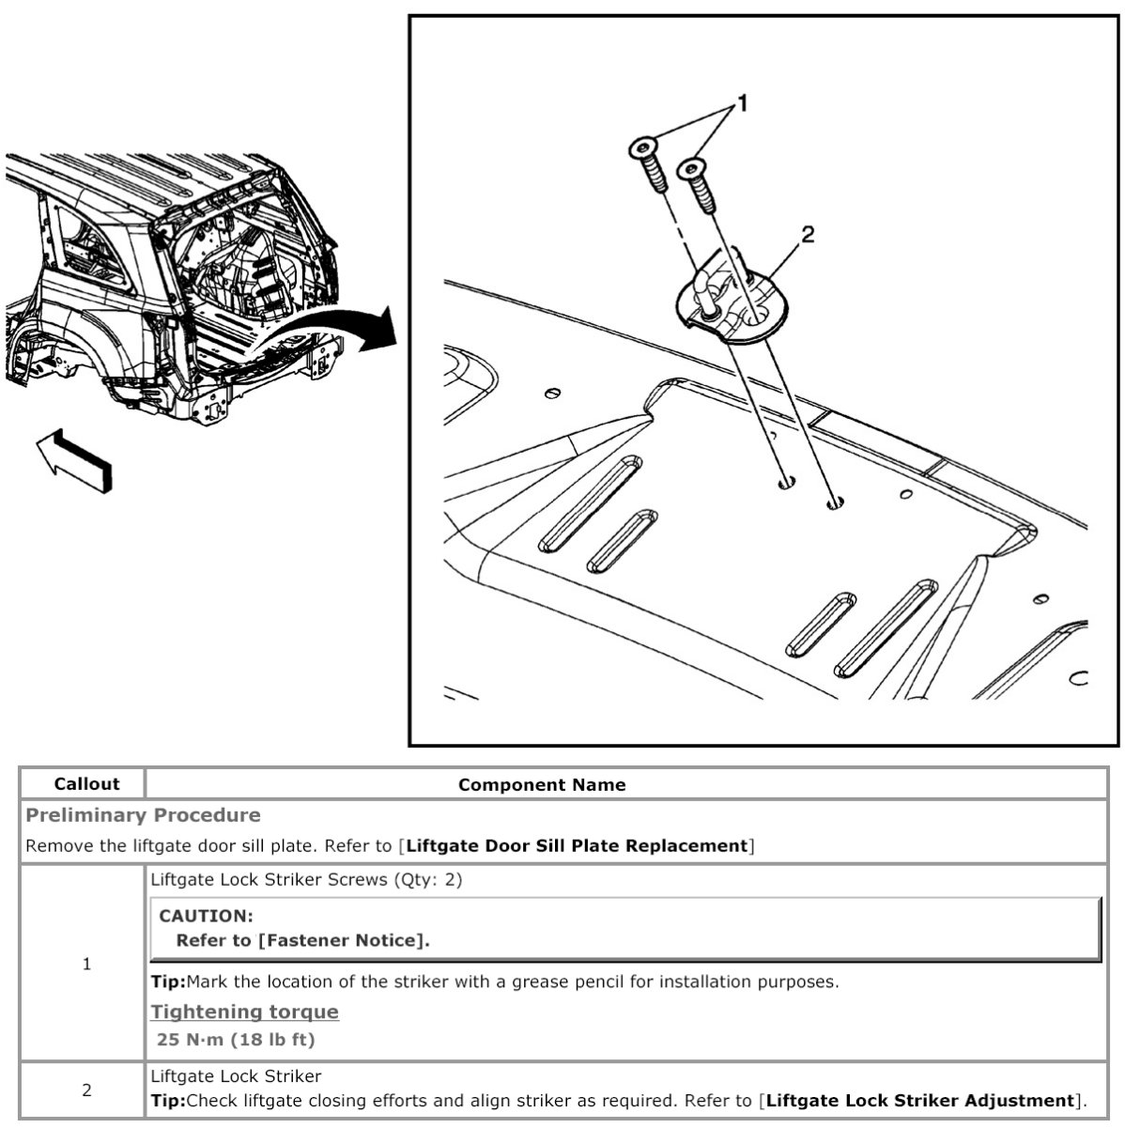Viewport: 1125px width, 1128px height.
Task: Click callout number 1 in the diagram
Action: [x=742, y=103]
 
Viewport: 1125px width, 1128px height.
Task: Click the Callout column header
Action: [x=86, y=784]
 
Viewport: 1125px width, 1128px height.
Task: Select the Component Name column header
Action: [x=542, y=784]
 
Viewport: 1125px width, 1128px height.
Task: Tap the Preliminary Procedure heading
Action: [x=143, y=814]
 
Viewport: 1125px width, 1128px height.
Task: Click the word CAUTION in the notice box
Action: [x=207, y=916]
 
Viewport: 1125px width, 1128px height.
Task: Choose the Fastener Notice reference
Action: [x=343, y=940]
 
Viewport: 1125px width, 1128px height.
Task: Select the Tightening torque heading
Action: [x=245, y=1012]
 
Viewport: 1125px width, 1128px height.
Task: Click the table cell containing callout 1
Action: [x=86, y=964]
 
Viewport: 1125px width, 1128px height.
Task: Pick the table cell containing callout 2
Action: [x=86, y=1089]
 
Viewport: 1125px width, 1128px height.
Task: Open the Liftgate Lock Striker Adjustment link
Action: [x=920, y=1101]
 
